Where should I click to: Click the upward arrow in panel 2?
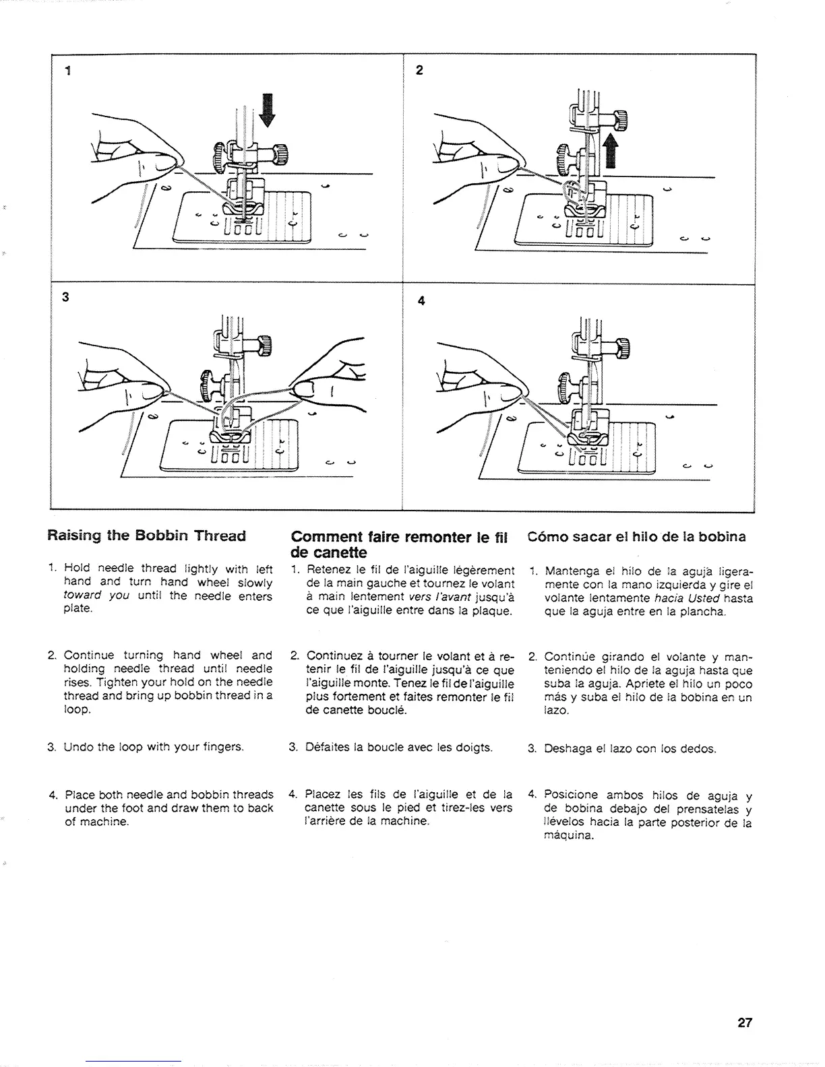(611, 150)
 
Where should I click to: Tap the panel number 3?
(65, 300)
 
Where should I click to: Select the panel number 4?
(421, 301)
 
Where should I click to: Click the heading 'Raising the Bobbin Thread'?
(146, 536)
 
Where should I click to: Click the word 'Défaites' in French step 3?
(328, 748)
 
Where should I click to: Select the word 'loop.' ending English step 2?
(76, 710)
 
